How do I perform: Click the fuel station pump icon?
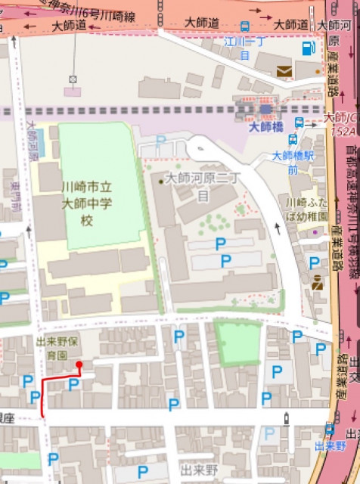pyautogui.click(x=306, y=49)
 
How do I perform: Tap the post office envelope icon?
pyautogui.click(x=284, y=71)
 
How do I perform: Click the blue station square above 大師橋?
pyautogui.click(x=265, y=110)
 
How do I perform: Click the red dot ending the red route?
pyautogui.click(x=79, y=365)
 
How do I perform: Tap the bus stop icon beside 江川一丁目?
pyautogui.click(x=244, y=26)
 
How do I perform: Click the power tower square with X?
pyautogui.click(x=73, y=79)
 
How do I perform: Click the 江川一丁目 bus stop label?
pyautogui.click(x=244, y=46)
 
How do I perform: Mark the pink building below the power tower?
pyautogui.click(x=73, y=92)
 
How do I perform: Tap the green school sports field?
pyautogui.click(x=101, y=185)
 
